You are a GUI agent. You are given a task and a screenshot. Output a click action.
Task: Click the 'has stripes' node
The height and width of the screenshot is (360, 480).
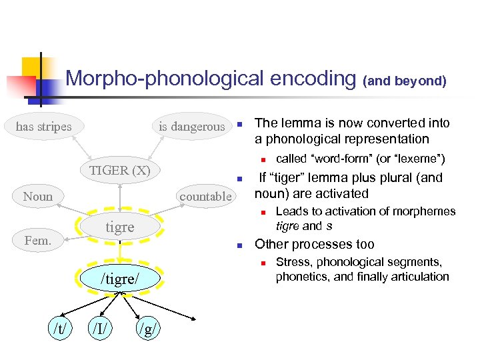coord(44,126)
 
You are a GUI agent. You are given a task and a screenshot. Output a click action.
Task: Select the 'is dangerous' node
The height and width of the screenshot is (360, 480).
coord(191,127)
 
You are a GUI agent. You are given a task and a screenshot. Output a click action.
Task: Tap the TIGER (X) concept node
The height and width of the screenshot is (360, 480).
coord(120,170)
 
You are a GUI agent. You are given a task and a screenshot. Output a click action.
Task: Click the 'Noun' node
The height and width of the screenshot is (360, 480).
coord(37,196)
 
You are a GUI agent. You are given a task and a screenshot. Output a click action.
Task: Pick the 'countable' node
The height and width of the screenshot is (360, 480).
coord(205,196)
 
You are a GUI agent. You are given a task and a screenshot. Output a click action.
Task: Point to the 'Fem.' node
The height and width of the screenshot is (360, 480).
coord(37,240)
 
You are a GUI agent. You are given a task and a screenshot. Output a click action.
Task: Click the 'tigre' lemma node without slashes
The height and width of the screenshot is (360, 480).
coord(120,227)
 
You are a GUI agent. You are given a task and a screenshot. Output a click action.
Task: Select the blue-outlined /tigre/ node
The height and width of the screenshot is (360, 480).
coord(120,278)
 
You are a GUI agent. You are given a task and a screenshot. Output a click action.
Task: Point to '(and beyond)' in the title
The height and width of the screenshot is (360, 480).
coord(405,81)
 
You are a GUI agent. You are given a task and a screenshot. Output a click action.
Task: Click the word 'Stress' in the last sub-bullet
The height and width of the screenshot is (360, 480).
coord(292,262)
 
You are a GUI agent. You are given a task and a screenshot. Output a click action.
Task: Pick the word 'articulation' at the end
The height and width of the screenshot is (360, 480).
coord(419,276)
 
